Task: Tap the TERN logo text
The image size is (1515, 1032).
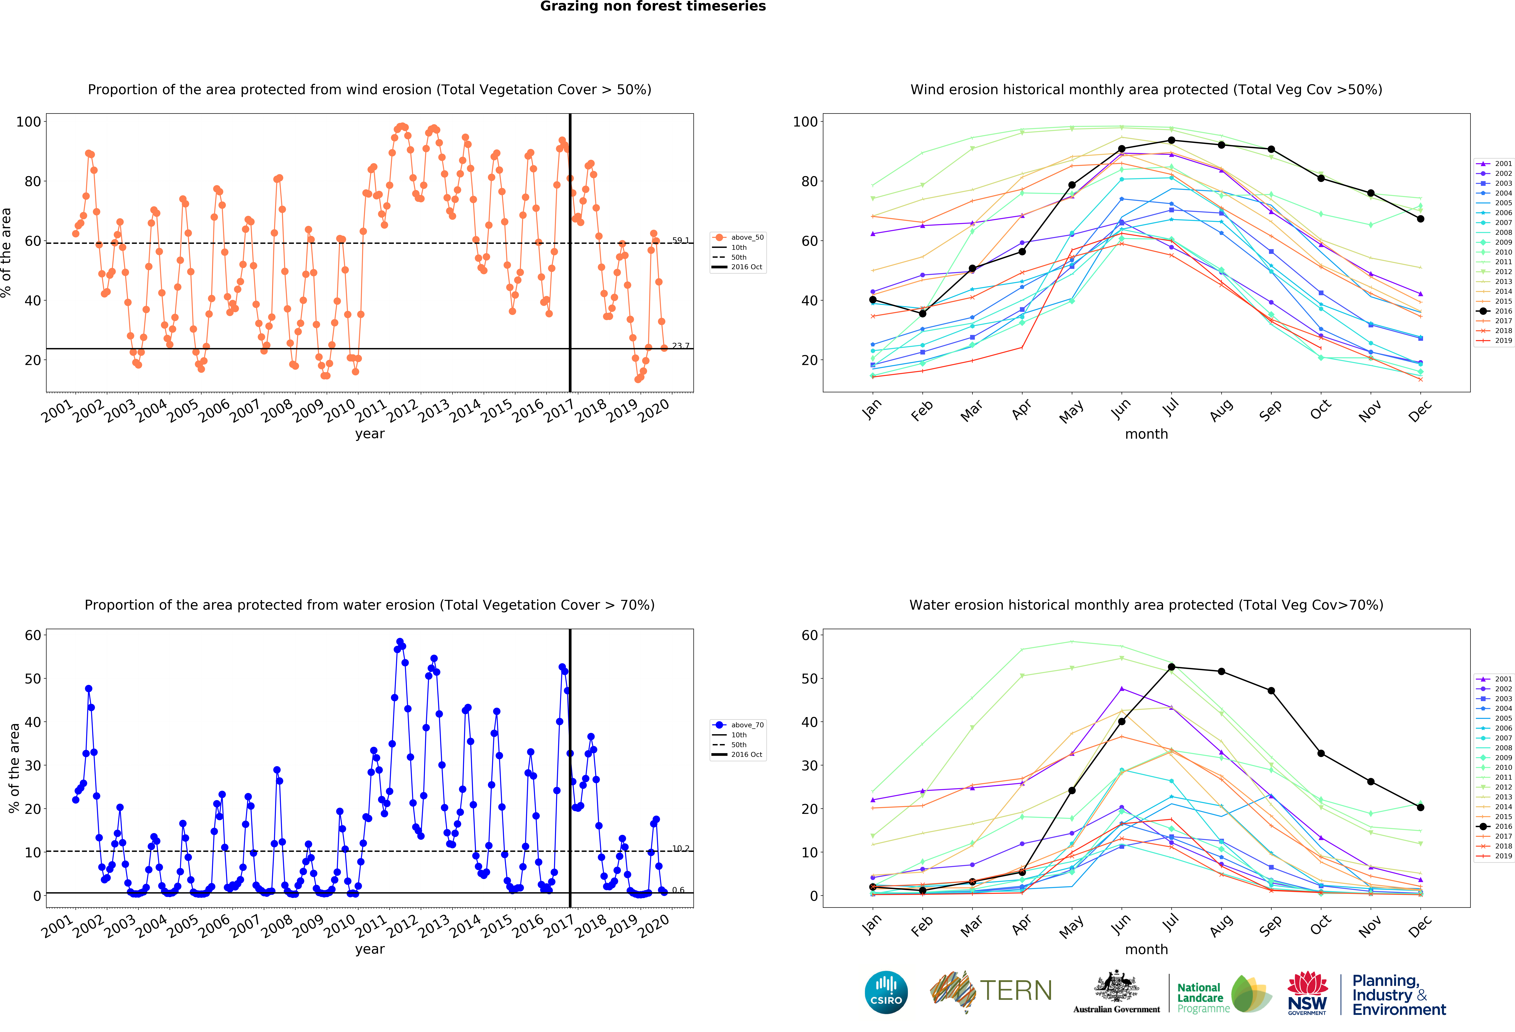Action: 1016,990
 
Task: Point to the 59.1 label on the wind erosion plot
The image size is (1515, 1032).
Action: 681,240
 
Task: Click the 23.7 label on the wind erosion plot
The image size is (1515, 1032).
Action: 681,346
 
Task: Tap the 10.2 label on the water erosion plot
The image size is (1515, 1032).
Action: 681,848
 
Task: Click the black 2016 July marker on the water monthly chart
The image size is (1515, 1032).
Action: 1172,667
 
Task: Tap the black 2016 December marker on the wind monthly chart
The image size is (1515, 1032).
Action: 1420,219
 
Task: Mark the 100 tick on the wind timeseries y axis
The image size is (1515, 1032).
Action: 29,122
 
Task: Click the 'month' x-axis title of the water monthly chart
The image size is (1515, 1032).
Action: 1146,949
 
